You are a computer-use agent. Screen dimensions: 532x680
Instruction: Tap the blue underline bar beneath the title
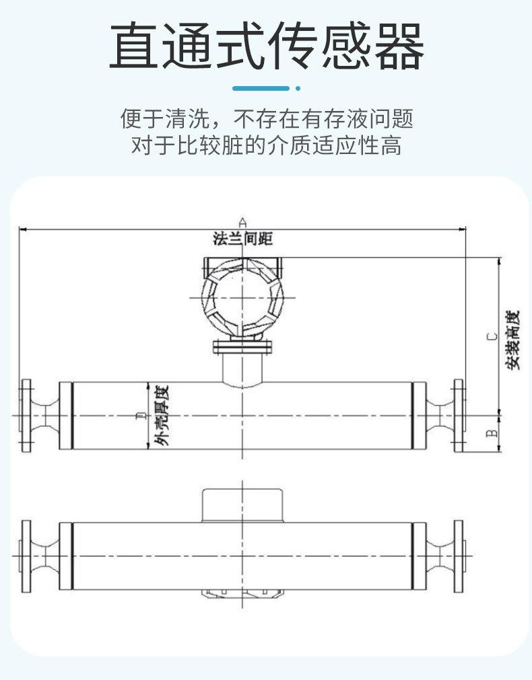coord(261,88)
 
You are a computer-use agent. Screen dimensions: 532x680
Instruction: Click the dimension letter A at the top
coord(243,221)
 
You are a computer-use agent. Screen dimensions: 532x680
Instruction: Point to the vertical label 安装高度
coord(514,340)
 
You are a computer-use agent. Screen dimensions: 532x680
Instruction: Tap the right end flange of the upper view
coord(459,416)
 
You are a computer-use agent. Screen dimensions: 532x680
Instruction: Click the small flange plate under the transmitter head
coord(242,347)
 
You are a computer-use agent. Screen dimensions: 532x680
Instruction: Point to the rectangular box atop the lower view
coord(242,504)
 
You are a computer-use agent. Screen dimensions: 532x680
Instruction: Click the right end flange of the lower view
coord(459,556)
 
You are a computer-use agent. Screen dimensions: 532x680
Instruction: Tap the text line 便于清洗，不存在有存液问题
coord(266,120)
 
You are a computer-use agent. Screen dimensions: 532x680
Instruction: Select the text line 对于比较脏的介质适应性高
coord(266,145)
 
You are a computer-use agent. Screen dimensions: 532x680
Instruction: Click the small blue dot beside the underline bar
coord(298,88)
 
